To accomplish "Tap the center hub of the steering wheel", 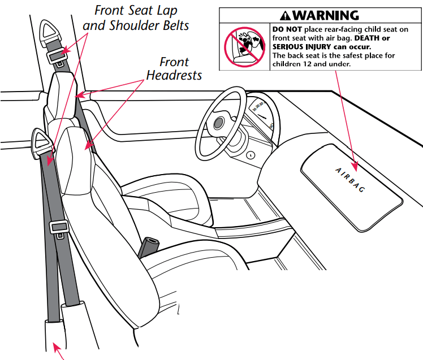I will [x=218, y=123].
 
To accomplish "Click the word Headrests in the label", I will [x=174, y=75].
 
